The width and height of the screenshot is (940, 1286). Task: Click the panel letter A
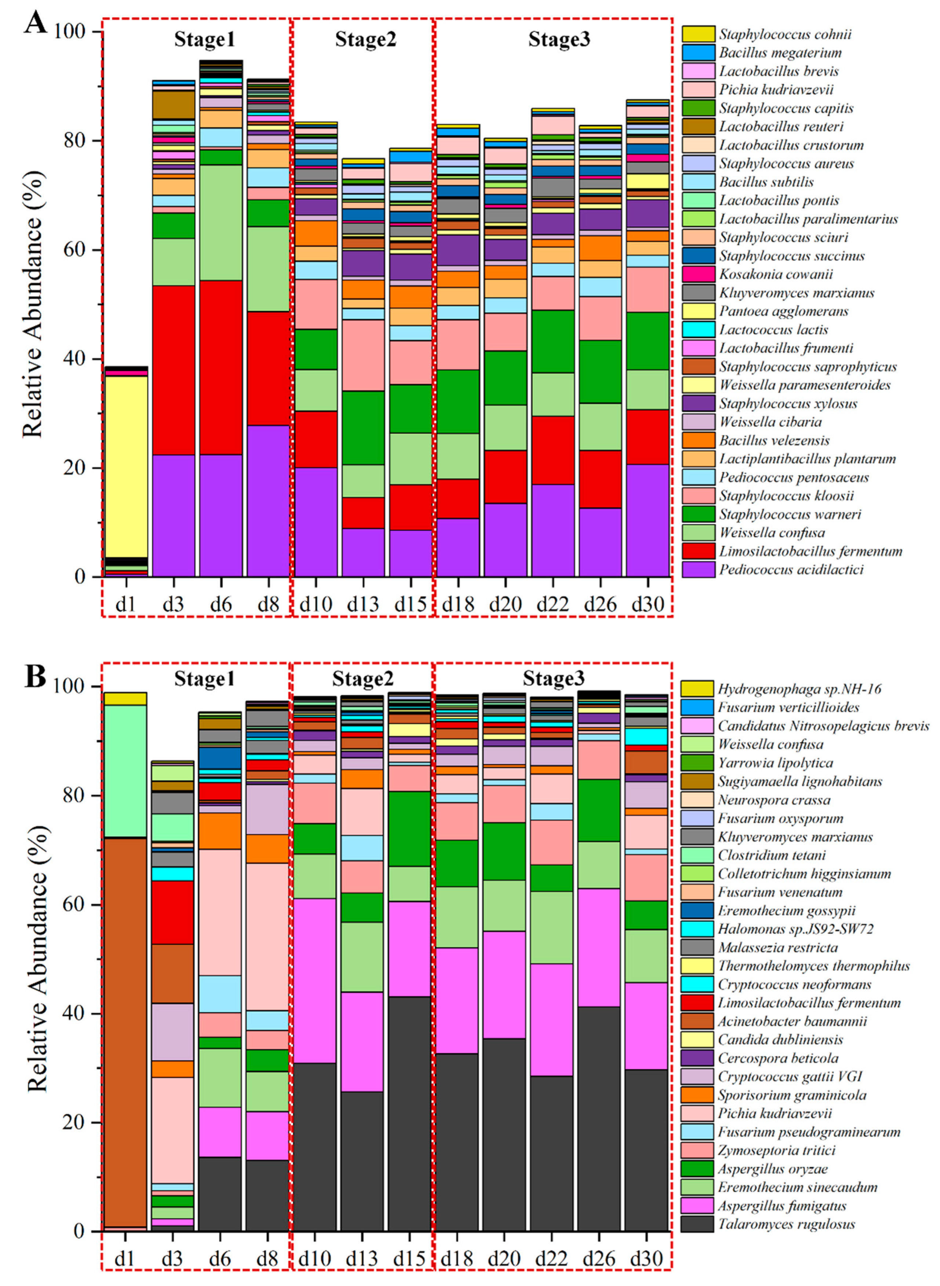pyautogui.click(x=35, y=23)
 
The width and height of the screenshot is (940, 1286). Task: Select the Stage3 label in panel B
pyautogui.click(x=553, y=678)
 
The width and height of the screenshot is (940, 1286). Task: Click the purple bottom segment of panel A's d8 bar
pyautogui.click(x=268, y=500)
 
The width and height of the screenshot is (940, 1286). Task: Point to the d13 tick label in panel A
pyautogui.click(x=362, y=604)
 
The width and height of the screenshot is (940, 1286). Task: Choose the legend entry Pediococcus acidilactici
pyautogui.click(x=791, y=569)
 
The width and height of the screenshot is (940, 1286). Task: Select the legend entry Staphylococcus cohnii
pyautogui.click(x=785, y=34)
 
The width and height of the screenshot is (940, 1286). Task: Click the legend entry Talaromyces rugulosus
pyautogui.click(x=786, y=1224)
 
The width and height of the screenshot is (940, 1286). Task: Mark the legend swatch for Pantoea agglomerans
pyautogui.click(x=698, y=311)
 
